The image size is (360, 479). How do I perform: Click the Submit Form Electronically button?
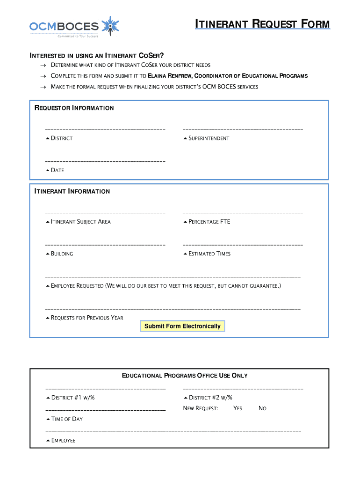point(182,326)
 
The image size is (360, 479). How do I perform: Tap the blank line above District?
point(105,129)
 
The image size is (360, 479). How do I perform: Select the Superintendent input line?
point(243,129)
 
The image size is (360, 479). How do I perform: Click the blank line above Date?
point(105,161)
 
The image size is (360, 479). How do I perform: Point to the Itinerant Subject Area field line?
point(105,213)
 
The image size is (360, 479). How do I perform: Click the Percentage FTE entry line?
point(243,213)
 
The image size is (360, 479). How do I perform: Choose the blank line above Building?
point(105,245)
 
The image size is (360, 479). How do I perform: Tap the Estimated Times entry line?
point(243,245)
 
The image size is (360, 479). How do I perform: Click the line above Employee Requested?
point(173,277)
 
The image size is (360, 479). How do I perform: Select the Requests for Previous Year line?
point(173,309)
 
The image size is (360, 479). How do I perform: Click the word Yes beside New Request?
point(238,408)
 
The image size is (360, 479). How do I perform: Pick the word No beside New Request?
point(262,408)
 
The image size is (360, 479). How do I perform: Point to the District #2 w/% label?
point(210,398)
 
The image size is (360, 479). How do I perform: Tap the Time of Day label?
point(66,419)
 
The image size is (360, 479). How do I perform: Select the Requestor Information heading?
point(74,108)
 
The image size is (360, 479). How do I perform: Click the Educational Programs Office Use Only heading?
point(185,376)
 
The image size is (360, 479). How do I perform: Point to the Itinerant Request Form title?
point(262,24)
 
